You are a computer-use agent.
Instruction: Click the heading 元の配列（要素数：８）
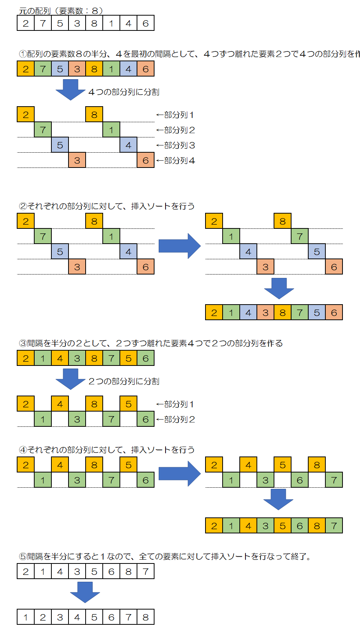pos(61,11)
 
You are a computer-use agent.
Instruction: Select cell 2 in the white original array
pos(25,23)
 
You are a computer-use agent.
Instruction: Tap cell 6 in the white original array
pos(145,23)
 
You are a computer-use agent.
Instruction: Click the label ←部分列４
pos(175,161)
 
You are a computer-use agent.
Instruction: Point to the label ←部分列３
pos(175,145)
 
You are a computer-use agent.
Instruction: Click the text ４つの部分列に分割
pos(124,92)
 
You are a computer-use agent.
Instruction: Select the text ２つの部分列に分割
pos(124,381)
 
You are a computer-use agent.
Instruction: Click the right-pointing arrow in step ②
pos(179,246)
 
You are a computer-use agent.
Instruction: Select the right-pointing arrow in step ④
pos(179,474)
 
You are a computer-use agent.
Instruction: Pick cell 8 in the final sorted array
pos(145,617)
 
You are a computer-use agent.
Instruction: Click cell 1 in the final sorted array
pos(25,617)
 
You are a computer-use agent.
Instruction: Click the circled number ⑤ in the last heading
pos(23,557)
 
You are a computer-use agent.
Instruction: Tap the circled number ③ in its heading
pos(23,343)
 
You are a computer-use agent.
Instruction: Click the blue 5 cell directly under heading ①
pos(60,69)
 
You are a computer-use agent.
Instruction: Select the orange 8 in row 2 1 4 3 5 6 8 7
pos(317,526)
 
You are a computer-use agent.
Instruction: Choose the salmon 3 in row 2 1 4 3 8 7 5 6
pos(265,313)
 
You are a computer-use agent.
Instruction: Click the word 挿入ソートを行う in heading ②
pos(162,206)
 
